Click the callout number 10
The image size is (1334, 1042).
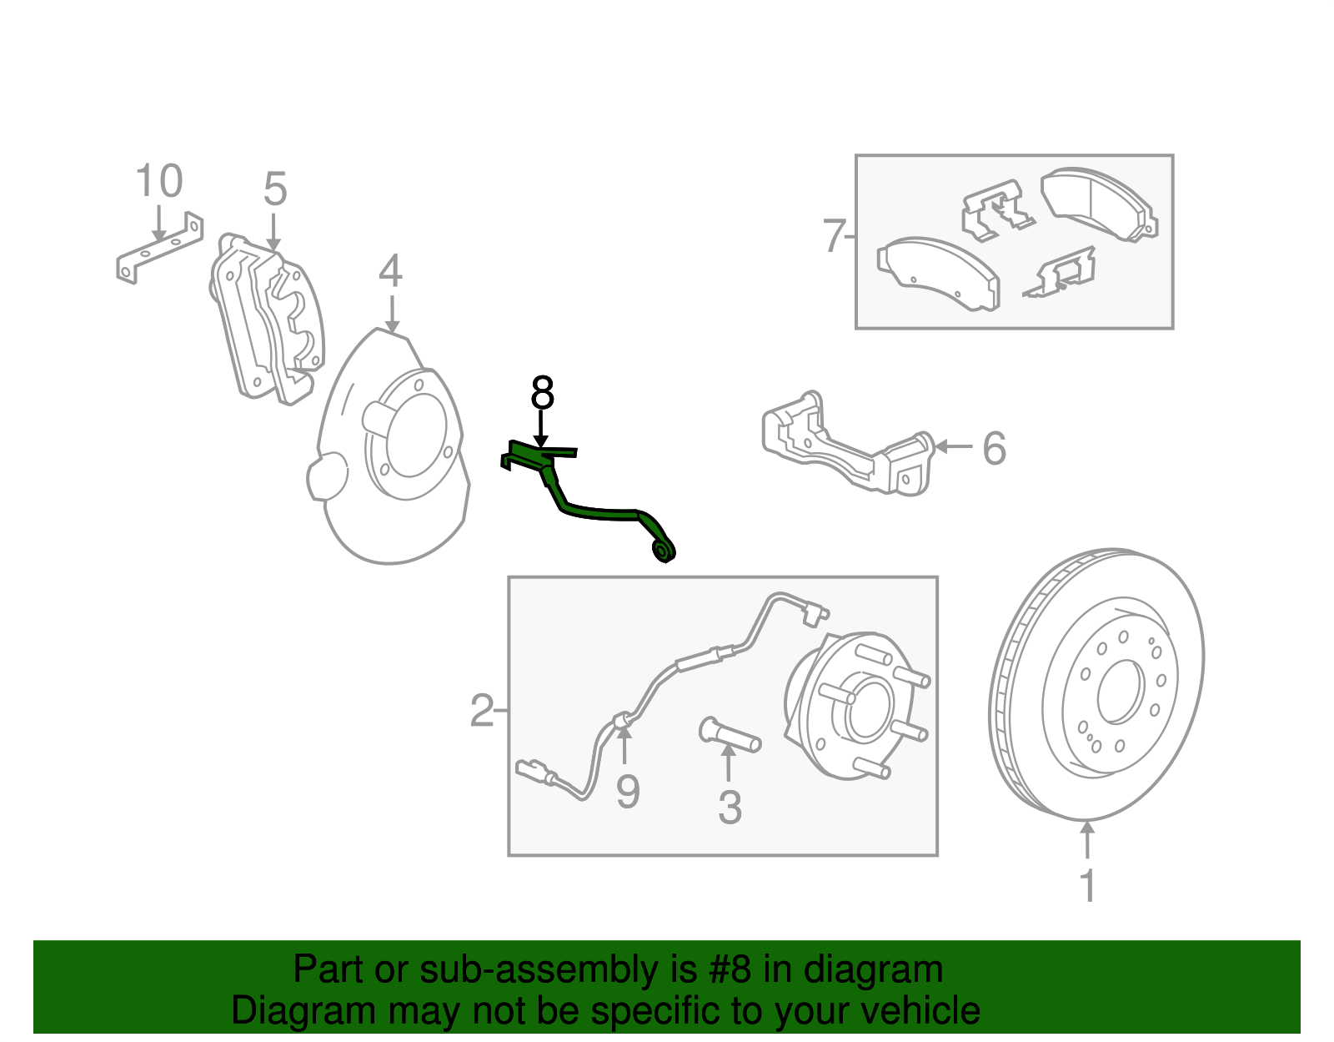[158, 182]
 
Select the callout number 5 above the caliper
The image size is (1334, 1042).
[274, 189]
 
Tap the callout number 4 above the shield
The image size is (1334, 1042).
[390, 271]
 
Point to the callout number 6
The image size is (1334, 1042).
[994, 449]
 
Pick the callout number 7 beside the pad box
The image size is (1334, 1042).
[834, 236]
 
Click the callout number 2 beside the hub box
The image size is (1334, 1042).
[481, 711]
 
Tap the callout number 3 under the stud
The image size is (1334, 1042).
[730, 808]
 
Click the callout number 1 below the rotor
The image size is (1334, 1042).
[1087, 886]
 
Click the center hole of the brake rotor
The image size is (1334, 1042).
[1119, 692]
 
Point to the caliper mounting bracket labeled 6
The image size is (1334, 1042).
[846, 451]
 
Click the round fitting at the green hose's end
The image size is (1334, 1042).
[664, 550]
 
